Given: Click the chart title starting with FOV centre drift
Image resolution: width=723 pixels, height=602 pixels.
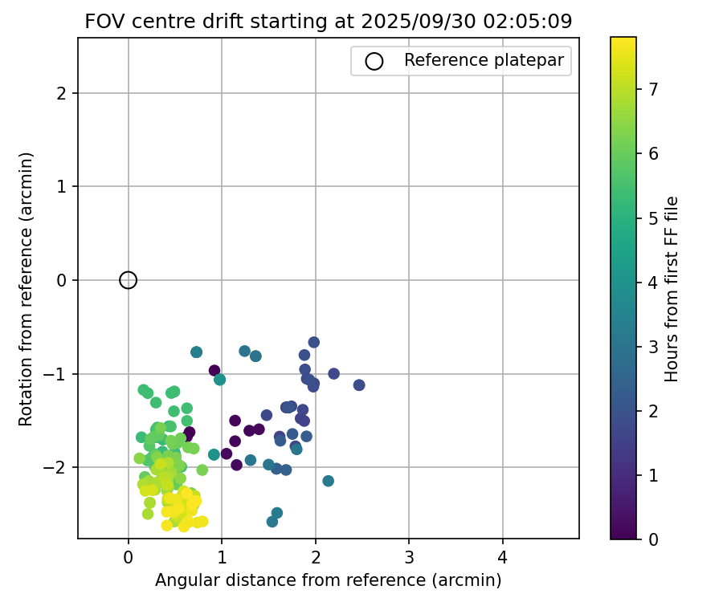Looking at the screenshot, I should point(328,22).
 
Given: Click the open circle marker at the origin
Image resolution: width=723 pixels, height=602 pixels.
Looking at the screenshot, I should point(128,280).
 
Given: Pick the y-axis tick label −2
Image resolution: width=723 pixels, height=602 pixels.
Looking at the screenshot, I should point(61,468).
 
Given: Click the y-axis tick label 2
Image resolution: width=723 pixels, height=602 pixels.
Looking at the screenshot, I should point(65,94).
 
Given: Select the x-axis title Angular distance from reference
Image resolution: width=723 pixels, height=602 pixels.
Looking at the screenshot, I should point(328,580).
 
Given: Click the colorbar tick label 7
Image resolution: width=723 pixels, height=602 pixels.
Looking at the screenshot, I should point(653,89).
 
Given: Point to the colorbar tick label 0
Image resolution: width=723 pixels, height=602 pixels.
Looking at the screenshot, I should point(653,539).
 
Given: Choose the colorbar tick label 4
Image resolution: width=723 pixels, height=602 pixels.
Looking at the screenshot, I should point(653,282).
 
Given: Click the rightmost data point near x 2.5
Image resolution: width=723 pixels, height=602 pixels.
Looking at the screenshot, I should point(359,385).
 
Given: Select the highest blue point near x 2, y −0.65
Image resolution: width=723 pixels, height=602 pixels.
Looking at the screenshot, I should point(313,342).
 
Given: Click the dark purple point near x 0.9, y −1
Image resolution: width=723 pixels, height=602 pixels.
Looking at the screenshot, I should point(214,371).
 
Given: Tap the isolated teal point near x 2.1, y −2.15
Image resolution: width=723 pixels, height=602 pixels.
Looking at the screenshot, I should point(328,481).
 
